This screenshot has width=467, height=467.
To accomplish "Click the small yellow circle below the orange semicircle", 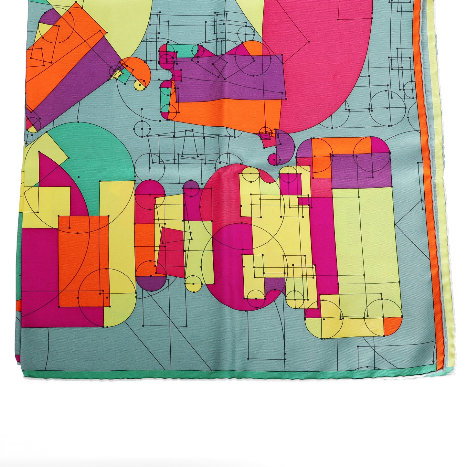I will pyautogui.click(x=139, y=85).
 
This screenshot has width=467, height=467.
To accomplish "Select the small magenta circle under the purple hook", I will pyautogui.click(x=274, y=159).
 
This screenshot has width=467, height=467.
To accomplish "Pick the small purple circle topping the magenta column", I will pyautogui.click(x=191, y=188).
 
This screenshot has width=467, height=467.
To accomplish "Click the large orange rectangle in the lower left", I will pyautogui.click(x=83, y=259).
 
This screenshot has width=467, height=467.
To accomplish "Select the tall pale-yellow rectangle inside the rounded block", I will pyautogui.click(x=365, y=239).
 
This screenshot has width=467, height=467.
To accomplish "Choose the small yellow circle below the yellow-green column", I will pyautogui.click(x=194, y=283).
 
